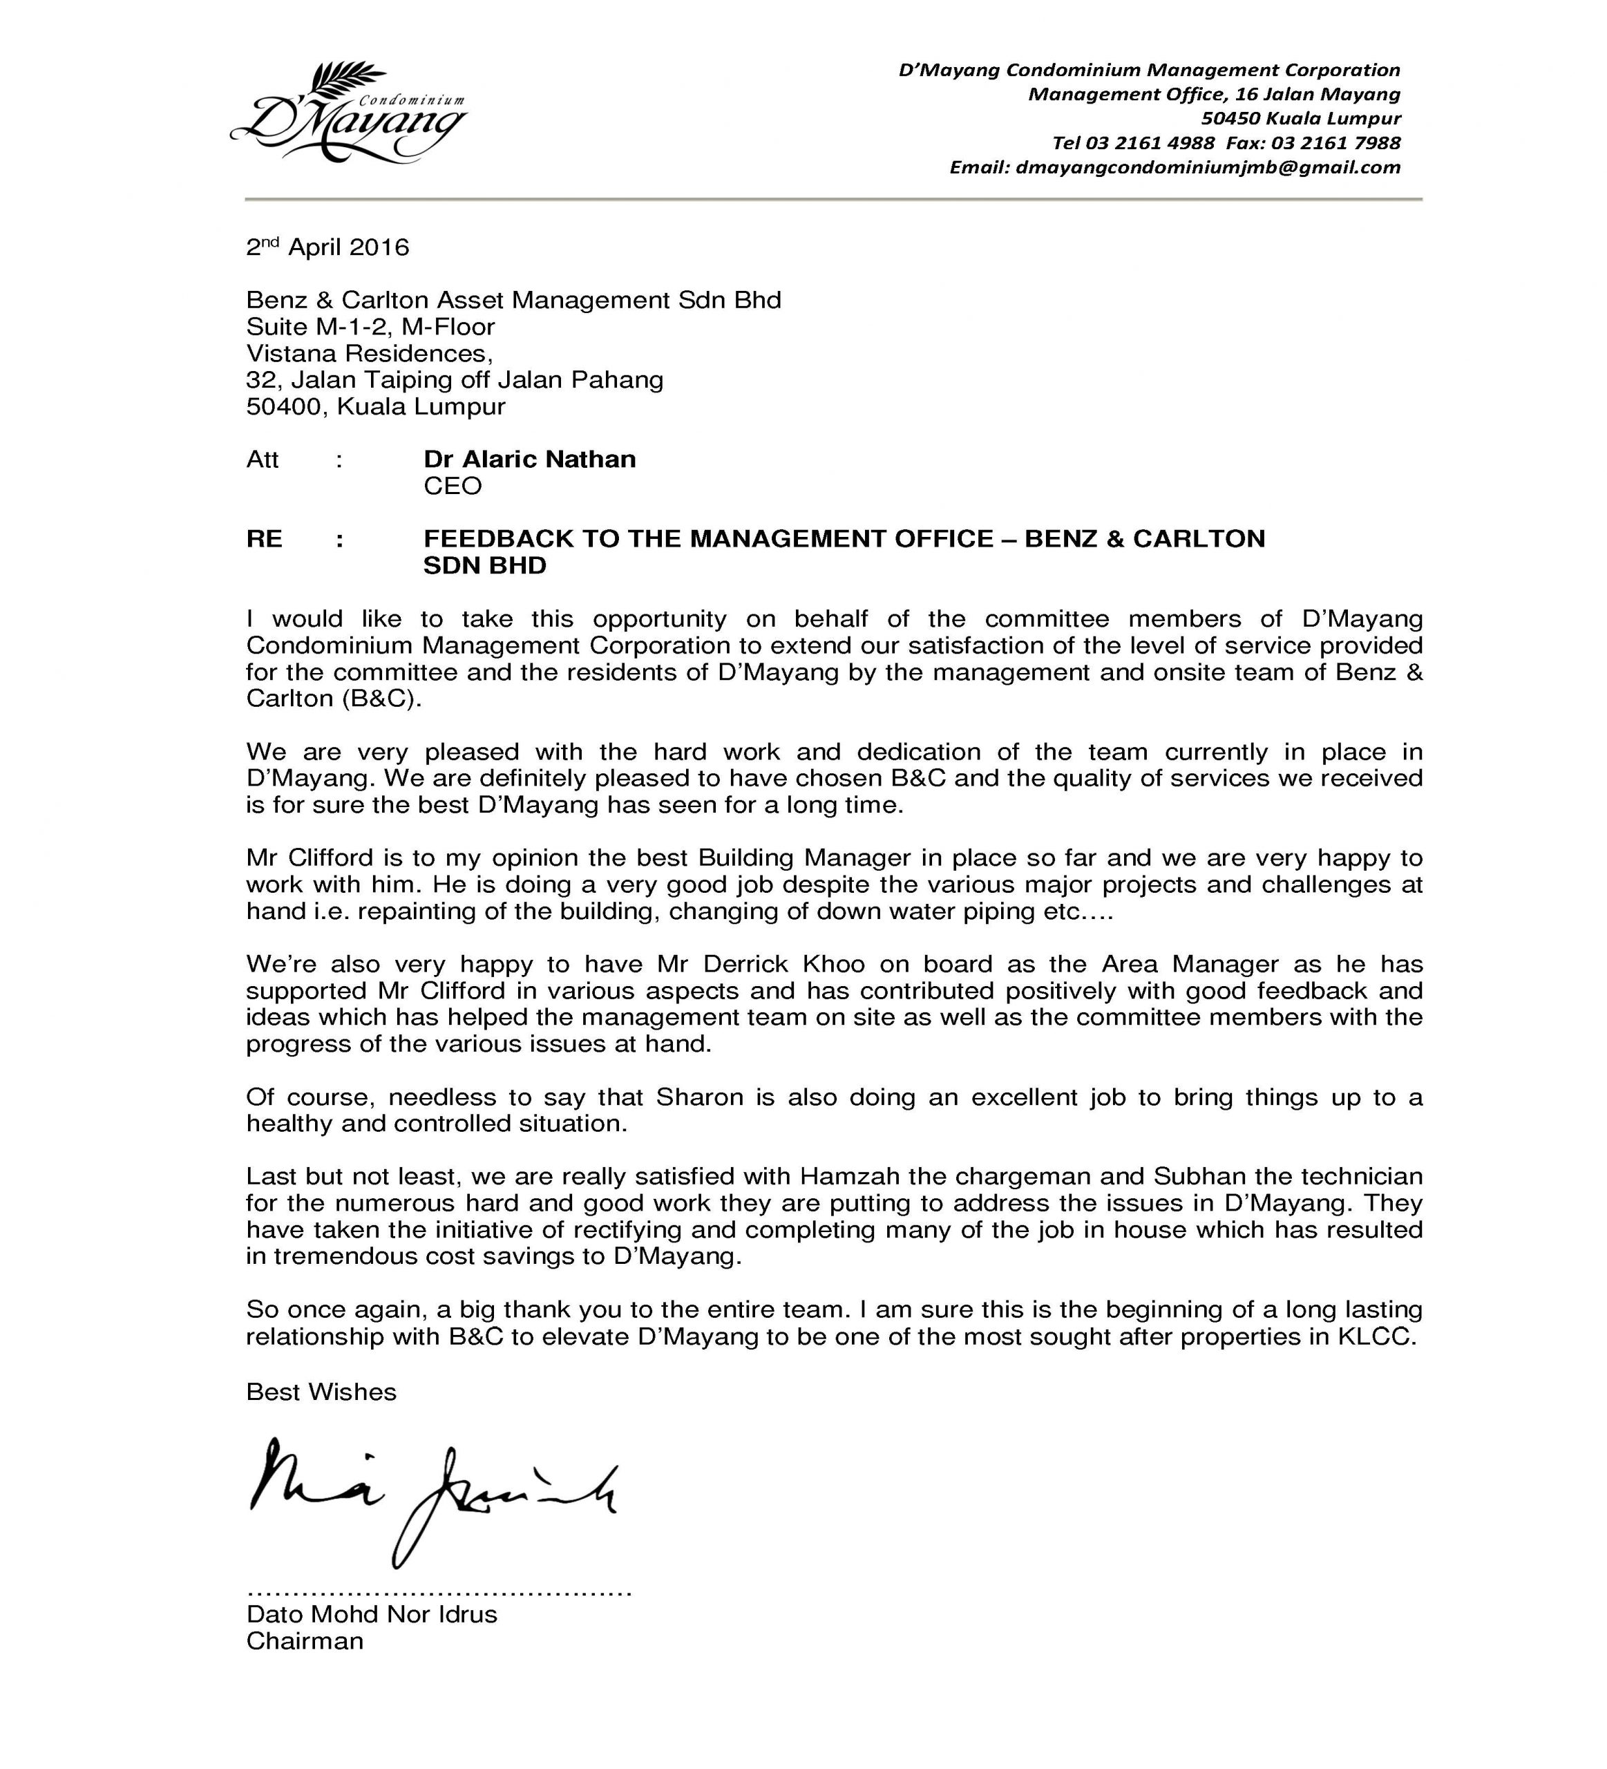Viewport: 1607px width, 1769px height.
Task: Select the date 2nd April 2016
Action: [327, 247]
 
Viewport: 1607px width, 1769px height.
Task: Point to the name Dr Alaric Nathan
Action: [529, 459]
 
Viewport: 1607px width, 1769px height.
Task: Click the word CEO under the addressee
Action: [453, 486]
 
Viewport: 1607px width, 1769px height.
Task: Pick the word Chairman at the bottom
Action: [305, 1641]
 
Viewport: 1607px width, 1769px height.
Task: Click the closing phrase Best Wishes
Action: [321, 1392]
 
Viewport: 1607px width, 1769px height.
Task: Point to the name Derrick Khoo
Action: [783, 965]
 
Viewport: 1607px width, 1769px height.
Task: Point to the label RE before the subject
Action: [264, 539]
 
